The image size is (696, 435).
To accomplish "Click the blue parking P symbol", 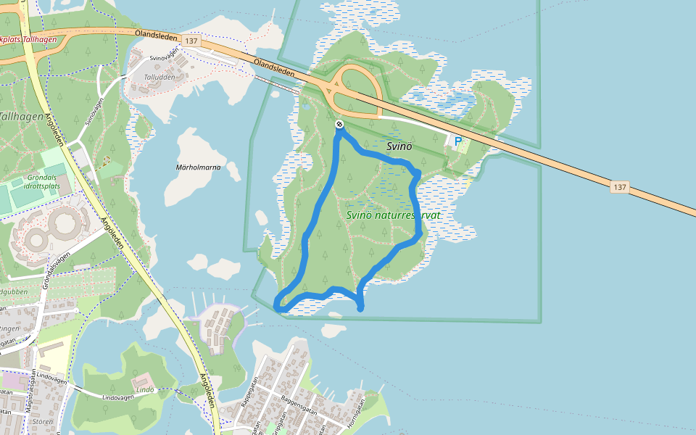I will [457, 141].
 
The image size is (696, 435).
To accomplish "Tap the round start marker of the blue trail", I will [339, 125].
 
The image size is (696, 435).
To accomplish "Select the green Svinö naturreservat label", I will [394, 215].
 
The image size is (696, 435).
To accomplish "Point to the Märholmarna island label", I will [198, 167].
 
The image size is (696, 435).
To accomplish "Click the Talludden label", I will [159, 77].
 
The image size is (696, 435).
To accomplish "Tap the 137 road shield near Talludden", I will [191, 41].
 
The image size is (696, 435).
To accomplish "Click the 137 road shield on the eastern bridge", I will [619, 187].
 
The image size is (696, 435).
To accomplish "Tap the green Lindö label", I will [145, 389].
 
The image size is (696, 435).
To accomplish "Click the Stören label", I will [43, 420].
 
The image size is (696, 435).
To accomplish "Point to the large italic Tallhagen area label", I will [22, 116].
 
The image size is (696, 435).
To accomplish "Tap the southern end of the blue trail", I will [361, 309].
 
